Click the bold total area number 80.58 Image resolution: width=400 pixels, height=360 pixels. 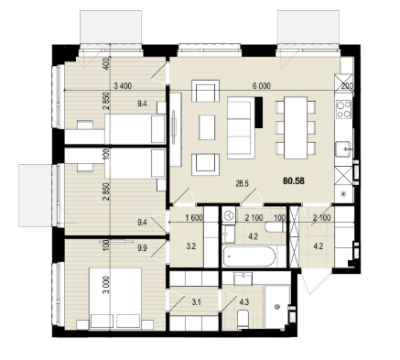tap(294, 181)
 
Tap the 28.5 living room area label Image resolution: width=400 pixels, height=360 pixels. tap(243, 183)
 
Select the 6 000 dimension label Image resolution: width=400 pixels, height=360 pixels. tap(262, 86)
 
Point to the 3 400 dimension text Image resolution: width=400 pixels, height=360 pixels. tap(123, 86)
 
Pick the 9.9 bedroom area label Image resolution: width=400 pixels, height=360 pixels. tap(142, 248)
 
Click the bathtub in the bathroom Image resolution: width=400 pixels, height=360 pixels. tap(249, 256)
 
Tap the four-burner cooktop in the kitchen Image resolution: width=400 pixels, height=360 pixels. tap(343, 110)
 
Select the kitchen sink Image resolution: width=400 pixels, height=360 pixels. tap(343, 149)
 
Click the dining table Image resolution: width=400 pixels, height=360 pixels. tap(296, 127)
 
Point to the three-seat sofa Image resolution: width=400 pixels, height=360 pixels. tap(241, 127)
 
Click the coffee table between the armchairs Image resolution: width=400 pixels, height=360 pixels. tap(207, 127)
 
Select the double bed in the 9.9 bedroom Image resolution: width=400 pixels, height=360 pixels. tap(115, 299)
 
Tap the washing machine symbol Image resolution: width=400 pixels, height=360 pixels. tap(229, 216)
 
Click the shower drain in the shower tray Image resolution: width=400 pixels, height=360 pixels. tap(277, 307)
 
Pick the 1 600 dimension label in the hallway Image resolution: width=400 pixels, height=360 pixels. tap(194, 218)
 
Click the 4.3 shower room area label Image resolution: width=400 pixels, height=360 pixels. tap(244, 302)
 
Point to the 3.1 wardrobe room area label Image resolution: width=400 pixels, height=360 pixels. tap(196, 302)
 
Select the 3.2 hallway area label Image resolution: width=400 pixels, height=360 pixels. tap(190, 246)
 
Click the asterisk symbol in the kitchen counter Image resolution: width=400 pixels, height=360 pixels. tap(343, 193)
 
